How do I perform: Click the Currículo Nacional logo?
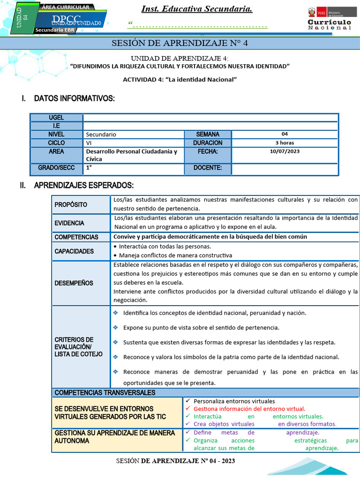[329, 19]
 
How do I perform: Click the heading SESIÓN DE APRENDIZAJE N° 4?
[180, 44]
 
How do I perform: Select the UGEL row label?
[56, 118]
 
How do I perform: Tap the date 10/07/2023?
[285, 151]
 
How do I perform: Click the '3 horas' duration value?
[285, 143]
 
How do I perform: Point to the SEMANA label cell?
[208, 135]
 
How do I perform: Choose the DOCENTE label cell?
[208, 168]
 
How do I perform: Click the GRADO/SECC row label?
[56, 168]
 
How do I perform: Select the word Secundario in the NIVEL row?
[101, 135]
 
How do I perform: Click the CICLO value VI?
[89, 143]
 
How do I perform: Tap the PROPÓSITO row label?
[71, 205]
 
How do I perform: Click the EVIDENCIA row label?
[69, 223]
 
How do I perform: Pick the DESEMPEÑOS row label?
[74, 283]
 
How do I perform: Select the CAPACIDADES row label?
[74, 251]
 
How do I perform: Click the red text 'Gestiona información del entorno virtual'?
[249, 409]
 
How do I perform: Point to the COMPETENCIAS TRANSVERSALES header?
[105, 393]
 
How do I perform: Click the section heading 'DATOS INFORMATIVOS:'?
[74, 98]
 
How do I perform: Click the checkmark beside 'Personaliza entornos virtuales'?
[187, 401]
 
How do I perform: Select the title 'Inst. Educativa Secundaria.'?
[197, 9]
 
